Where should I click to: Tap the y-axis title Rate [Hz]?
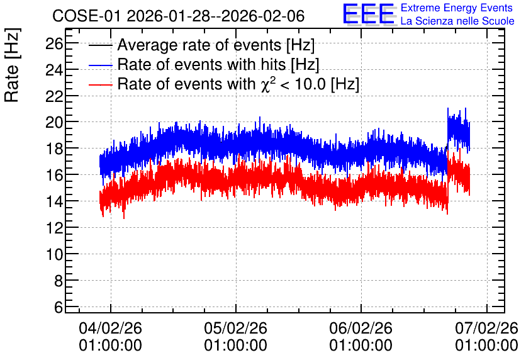tap(12, 65)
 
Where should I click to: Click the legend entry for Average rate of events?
tap(216, 45)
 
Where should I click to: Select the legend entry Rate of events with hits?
tap(218, 64)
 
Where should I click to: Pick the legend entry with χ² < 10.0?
tap(238, 84)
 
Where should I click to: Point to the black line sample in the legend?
tap(101, 45)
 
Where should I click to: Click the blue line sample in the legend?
tap(101, 65)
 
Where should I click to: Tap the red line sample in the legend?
tap(101, 84)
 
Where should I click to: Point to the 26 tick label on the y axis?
tap(54, 43)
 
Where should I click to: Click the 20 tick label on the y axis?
tap(54, 122)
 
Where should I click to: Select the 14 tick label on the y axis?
tap(54, 201)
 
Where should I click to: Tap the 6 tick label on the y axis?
tap(59, 307)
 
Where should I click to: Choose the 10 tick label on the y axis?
tap(54, 254)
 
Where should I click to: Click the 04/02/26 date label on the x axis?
tap(110, 328)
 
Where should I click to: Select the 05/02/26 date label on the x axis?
tap(235, 328)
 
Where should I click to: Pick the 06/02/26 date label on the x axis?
tap(361, 328)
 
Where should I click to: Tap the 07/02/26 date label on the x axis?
tap(486, 328)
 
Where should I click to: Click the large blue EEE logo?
tap(369, 14)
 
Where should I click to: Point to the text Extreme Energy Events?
tap(457, 8)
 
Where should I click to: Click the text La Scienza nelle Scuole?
tap(457, 21)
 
